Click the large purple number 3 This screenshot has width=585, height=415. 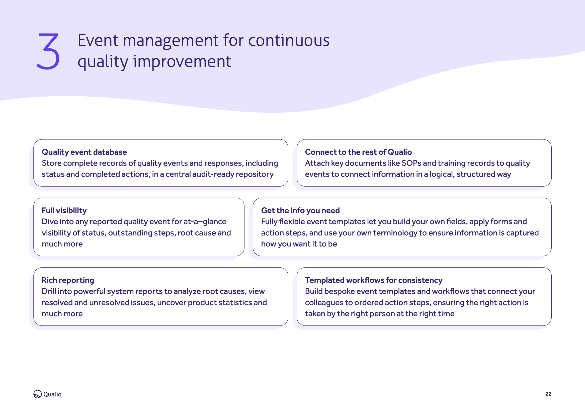(x=48, y=51)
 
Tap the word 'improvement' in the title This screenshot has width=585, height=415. (x=182, y=62)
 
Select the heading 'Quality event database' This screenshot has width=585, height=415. (x=84, y=152)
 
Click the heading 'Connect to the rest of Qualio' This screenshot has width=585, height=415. (x=358, y=152)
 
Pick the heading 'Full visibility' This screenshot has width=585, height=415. (x=64, y=211)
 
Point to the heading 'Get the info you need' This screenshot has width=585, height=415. (x=300, y=211)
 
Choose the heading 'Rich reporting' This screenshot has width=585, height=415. (x=68, y=280)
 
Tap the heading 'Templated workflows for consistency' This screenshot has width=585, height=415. (x=374, y=280)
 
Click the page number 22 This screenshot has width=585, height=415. (x=548, y=394)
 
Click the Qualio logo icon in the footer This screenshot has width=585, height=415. (x=37, y=394)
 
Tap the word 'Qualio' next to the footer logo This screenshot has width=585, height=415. (x=52, y=394)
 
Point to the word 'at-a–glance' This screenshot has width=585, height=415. (x=205, y=222)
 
